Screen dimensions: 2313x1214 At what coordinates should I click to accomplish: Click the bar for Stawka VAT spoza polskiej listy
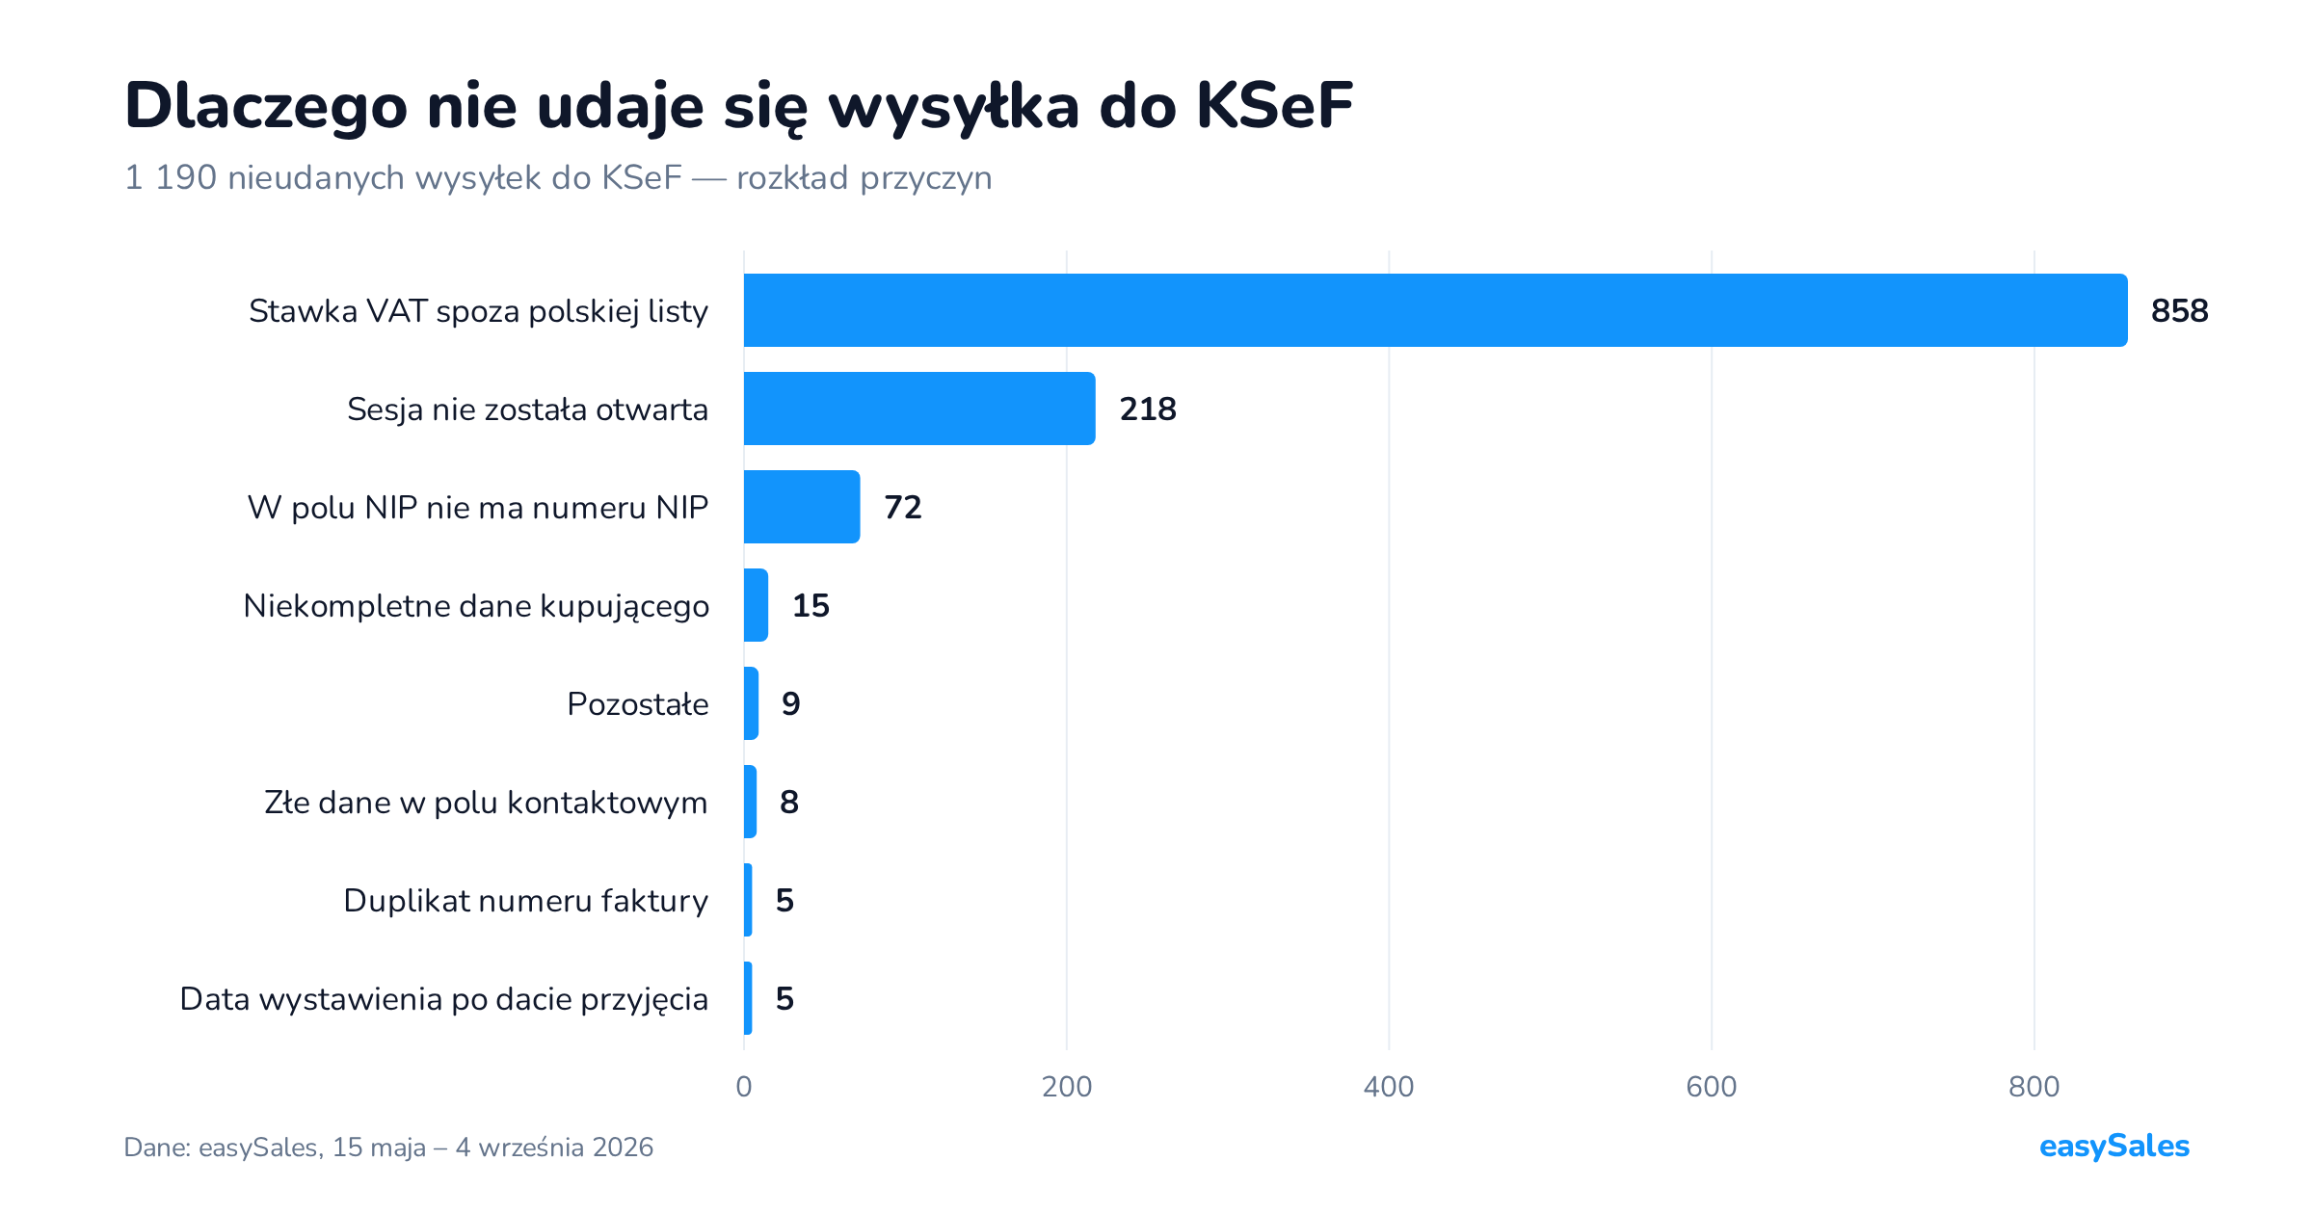pyautogui.click(x=1435, y=310)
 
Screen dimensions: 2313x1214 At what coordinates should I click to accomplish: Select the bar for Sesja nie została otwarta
pyautogui.click(x=919, y=409)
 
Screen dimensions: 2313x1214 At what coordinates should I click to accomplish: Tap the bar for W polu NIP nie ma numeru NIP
pyautogui.click(x=802, y=507)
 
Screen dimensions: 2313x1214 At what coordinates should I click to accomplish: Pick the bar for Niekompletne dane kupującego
pyautogui.click(x=756, y=605)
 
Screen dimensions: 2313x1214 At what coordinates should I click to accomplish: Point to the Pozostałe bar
pyautogui.click(x=751, y=703)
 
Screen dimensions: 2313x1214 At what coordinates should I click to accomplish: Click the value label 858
pyautogui.click(x=2180, y=311)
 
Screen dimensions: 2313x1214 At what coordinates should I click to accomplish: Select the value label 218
pyautogui.click(x=1148, y=409)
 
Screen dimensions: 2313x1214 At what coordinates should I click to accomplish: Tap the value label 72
pyautogui.click(x=903, y=508)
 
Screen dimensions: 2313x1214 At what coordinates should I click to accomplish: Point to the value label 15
pyautogui.click(x=811, y=606)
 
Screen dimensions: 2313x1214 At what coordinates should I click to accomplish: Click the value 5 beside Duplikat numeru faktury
pyautogui.click(x=784, y=901)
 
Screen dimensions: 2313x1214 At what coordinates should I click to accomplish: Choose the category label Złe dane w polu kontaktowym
pyautogui.click(x=486, y=803)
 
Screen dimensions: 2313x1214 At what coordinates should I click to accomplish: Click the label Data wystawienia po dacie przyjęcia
pyautogui.click(x=444, y=999)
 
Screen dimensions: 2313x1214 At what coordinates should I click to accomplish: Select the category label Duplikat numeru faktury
pyautogui.click(x=526, y=901)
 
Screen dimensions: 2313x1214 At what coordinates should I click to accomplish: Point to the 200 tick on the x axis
pyautogui.click(x=1067, y=1087)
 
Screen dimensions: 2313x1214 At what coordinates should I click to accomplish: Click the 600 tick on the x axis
pyautogui.click(x=1712, y=1087)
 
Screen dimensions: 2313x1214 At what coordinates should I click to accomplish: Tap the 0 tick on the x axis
pyautogui.click(x=744, y=1087)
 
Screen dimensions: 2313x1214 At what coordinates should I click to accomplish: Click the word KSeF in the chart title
pyautogui.click(x=1275, y=105)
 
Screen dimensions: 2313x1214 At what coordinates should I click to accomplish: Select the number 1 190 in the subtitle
pyautogui.click(x=171, y=178)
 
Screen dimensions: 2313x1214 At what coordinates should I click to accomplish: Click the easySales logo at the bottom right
pyautogui.click(x=2114, y=1147)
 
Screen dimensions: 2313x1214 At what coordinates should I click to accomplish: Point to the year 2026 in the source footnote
pyautogui.click(x=623, y=1148)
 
